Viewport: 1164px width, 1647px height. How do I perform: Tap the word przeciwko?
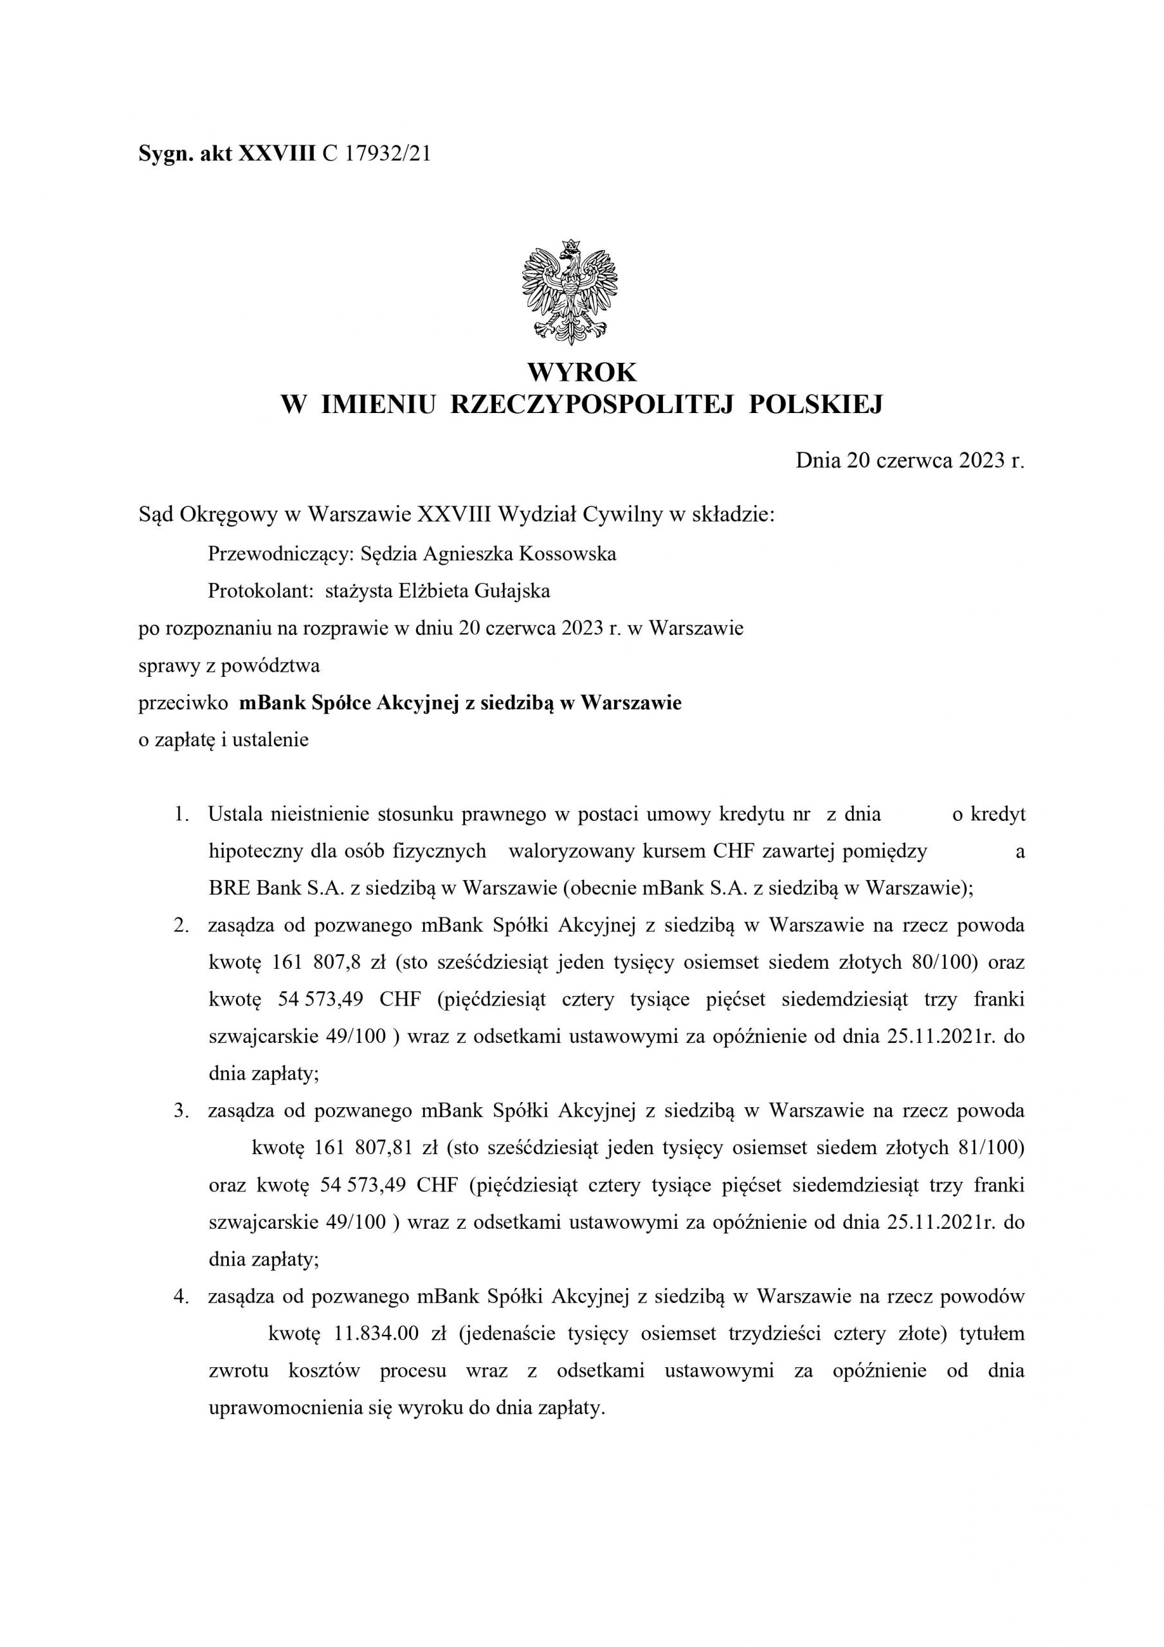[x=183, y=703]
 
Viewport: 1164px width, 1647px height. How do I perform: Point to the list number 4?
[x=181, y=1297]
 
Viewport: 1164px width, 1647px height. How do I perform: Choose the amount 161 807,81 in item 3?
[x=363, y=1148]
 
